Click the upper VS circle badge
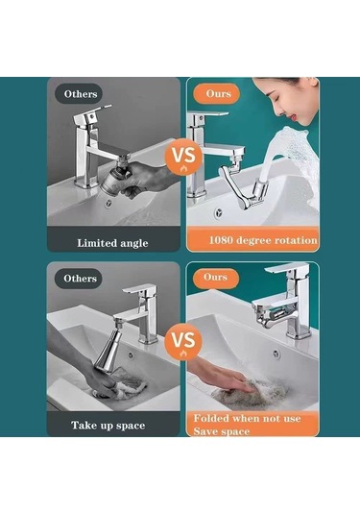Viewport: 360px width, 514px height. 183,156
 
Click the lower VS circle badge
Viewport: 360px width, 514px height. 183,341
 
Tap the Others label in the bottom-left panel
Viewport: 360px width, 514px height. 80,279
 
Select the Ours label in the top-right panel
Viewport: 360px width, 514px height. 218,94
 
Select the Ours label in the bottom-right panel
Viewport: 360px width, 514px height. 215,278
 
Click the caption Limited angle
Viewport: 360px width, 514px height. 112,243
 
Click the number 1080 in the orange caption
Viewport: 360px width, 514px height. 221,240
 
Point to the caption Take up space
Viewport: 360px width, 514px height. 108,426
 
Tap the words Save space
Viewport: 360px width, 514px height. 222,431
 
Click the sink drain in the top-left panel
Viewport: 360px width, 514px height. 108,204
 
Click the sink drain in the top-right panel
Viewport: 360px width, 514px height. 218,213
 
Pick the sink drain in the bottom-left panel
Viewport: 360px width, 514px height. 131,355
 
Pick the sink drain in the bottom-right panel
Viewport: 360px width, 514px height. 276,354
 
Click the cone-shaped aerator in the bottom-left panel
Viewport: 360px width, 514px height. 106,351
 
